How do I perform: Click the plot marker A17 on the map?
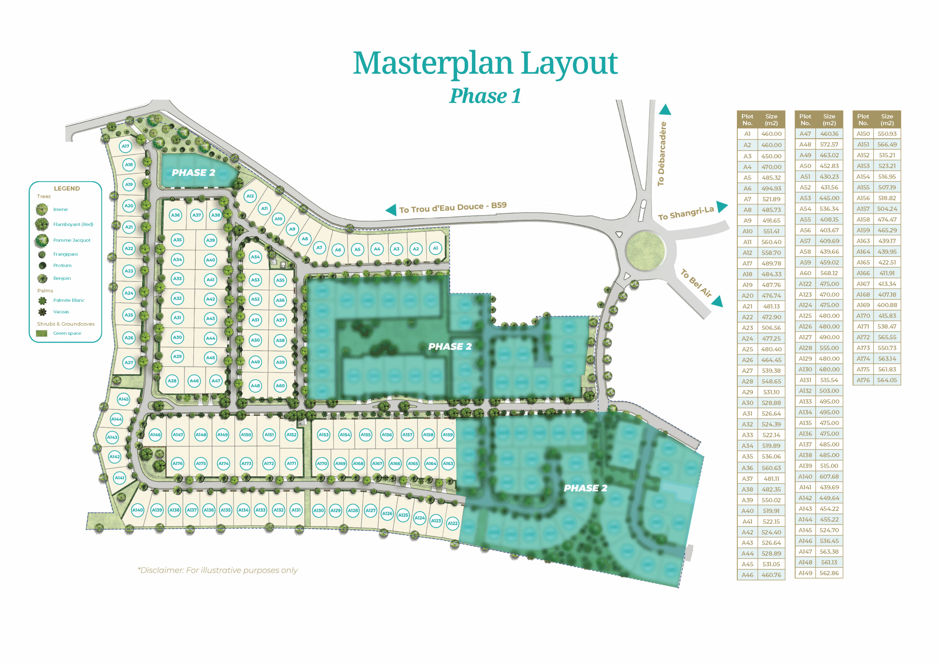pyautogui.click(x=125, y=146)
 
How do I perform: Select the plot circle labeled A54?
pyautogui.click(x=255, y=257)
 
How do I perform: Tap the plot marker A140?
pyautogui.click(x=138, y=510)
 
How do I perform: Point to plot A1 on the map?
pyautogui.click(x=435, y=248)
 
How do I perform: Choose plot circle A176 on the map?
pyautogui.click(x=177, y=463)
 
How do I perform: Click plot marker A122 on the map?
pyautogui.click(x=452, y=523)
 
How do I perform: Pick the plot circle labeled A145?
pyautogui.click(x=124, y=399)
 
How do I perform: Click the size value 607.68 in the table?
pyautogui.click(x=829, y=477)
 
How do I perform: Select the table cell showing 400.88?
pyautogui.click(x=887, y=305)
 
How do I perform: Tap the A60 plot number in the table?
pyautogui.click(x=805, y=273)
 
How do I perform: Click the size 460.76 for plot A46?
pyautogui.click(x=771, y=575)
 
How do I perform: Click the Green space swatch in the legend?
pyautogui.click(x=41, y=333)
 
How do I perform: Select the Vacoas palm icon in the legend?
pyautogui.click(x=42, y=312)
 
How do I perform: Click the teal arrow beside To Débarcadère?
pyautogui.click(x=665, y=110)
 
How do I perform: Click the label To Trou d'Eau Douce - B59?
pyautogui.click(x=453, y=207)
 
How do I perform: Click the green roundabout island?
pyautogui.click(x=645, y=250)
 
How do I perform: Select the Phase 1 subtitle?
pyautogui.click(x=485, y=96)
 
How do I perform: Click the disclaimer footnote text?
pyautogui.click(x=218, y=570)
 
